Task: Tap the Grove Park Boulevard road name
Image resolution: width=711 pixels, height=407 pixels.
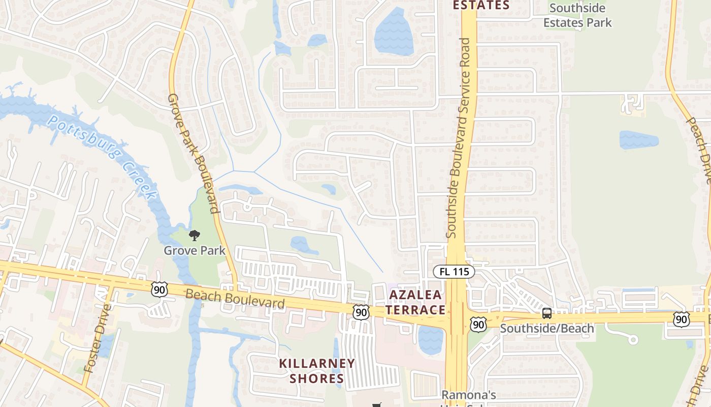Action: (193, 153)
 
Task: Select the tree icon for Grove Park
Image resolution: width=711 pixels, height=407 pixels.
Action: (194, 235)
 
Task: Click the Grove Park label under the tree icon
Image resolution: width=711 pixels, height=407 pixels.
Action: (195, 250)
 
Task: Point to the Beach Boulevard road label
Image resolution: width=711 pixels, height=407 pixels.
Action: (235, 298)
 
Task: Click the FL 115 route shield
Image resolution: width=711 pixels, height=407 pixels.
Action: (454, 272)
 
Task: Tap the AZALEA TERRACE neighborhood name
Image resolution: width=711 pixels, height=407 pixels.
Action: (416, 302)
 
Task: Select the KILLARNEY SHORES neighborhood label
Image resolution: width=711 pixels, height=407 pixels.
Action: (317, 371)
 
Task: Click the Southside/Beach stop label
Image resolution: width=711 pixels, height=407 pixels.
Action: (547, 328)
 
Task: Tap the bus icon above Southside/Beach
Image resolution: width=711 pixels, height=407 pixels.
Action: (547, 313)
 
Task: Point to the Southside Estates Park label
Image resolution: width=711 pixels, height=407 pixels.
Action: (577, 15)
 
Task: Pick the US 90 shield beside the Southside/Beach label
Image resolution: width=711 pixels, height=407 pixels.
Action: (478, 325)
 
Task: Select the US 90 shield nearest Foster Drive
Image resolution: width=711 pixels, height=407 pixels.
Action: (159, 289)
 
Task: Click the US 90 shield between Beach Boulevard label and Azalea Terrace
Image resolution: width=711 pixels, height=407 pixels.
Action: (362, 312)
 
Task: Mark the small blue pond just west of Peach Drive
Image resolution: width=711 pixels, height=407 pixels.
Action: (639, 140)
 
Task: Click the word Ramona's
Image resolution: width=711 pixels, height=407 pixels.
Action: (468, 395)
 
